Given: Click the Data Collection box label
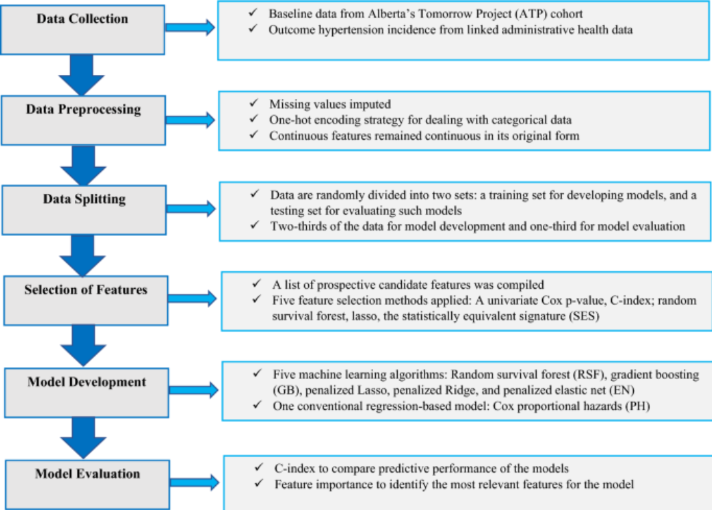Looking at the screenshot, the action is tap(82, 19).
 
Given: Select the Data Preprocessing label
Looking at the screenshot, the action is tap(83, 110).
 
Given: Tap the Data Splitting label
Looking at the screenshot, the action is tap(84, 199).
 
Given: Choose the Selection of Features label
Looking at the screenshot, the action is tap(86, 289).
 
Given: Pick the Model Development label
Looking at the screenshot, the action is tap(87, 382).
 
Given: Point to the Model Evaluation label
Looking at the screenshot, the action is tap(88, 474).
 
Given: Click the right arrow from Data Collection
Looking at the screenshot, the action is tap(190, 27).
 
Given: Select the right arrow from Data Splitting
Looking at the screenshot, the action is tap(191, 209).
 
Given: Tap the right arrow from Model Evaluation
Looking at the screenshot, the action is tap(195, 483).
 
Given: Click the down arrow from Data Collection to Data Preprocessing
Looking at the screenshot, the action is tap(82, 75).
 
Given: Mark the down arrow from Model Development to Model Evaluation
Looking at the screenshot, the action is tap(84, 438).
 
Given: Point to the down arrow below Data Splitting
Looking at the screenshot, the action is tap(83, 256).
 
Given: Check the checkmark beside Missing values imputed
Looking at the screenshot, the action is tap(254, 103).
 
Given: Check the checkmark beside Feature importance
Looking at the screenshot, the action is tap(259, 483).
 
